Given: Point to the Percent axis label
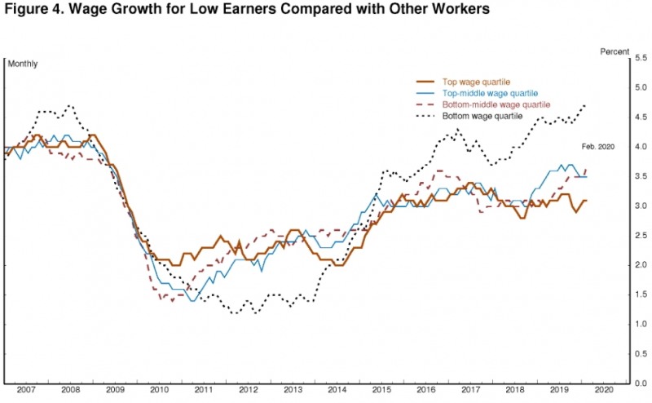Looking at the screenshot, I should [x=615, y=51].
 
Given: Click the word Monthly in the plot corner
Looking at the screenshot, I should [x=23, y=64].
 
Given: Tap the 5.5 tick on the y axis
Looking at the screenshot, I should [x=641, y=59].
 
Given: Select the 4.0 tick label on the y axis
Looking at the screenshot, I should [x=641, y=147].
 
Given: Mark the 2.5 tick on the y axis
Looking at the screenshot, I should [x=641, y=236].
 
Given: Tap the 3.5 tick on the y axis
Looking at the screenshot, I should [x=641, y=177].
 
